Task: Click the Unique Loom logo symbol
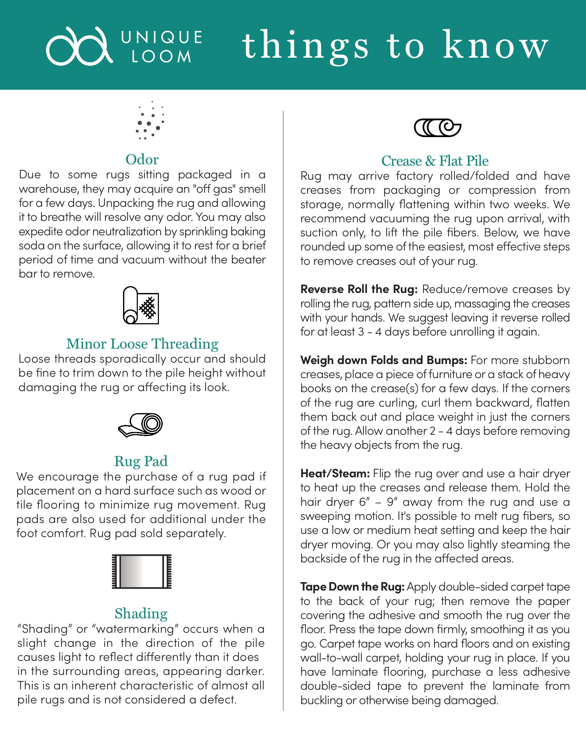coord(79,46)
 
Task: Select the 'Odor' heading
coord(142,160)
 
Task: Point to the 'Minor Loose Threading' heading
coord(142,344)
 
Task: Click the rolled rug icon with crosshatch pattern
coord(141,305)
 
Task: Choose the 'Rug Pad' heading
coord(141,461)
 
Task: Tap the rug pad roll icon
coord(141,425)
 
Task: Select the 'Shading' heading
coord(141,613)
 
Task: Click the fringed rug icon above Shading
coord(142,572)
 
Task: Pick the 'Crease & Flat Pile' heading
coord(435,161)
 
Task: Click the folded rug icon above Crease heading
coord(437,128)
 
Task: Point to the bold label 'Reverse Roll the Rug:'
coord(359,289)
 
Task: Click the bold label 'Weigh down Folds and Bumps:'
coord(384,360)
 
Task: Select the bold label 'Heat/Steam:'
coord(335,473)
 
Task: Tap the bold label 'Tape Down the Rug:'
coord(353,587)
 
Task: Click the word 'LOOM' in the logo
coord(161,57)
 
